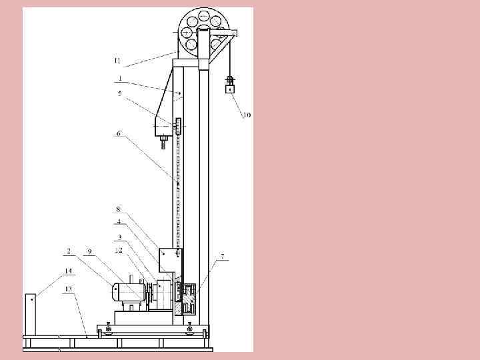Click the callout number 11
click(117, 61)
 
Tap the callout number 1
click(120, 79)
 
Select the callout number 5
click(120, 93)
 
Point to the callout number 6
click(119, 133)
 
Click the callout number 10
click(247, 115)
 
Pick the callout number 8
click(119, 210)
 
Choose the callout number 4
click(119, 222)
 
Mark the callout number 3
click(120, 237)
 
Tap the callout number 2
click(69, 251)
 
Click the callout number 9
click(89, 251)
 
